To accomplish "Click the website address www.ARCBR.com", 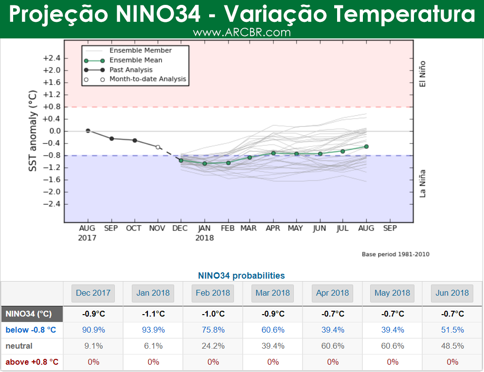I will click(x=242, y=33).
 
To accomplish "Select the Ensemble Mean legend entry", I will click(x=136, y=60).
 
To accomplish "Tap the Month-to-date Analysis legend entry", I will click(x=147, y=79).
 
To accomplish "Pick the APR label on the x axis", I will click(x=273, y=228).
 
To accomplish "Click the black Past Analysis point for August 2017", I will click(x=88, y=130).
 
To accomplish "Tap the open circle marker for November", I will click(x=158, y=147).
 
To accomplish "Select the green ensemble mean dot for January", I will click(x=205, y=163).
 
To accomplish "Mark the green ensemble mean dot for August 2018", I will click(x=366, y=146).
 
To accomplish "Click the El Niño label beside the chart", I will click(x=422, y=74).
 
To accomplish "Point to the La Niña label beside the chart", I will click(x=422, y=183).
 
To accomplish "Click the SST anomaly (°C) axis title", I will click(x=33, y=130).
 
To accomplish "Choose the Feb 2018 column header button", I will click(x=214, y=293).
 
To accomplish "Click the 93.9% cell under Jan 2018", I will click(x=153, y=330).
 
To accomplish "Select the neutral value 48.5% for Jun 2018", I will click(x=452, y=346).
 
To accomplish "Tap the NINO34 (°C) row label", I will click(x=28, y=314).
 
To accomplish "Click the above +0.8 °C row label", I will click(x=32, y=362).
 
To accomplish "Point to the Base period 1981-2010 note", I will click(x=395, y=254).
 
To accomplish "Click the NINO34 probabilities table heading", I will click(x=241, y=276).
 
